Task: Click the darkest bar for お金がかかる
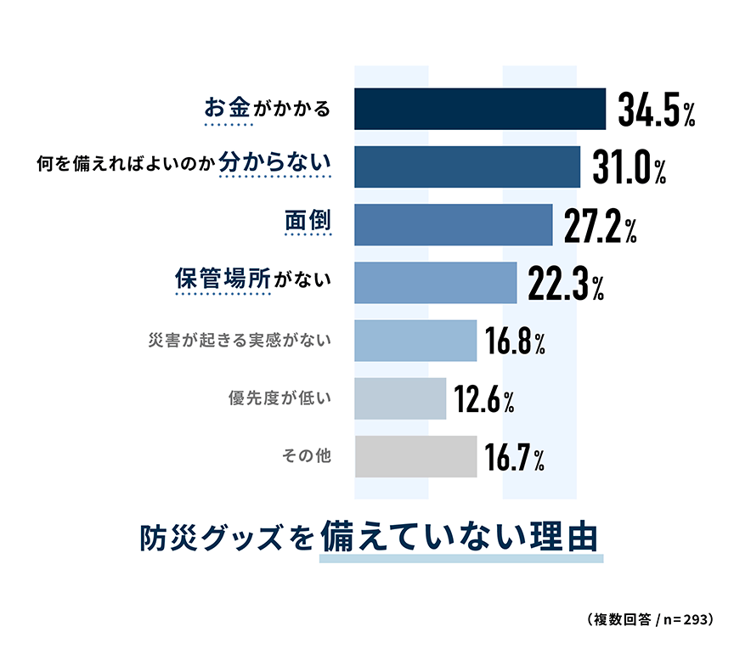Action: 479,109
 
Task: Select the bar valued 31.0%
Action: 466,166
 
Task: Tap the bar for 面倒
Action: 453,224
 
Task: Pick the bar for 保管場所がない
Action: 435,282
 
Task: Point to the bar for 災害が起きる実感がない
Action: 415,340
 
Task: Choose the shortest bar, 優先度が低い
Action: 399,398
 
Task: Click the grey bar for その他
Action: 415,456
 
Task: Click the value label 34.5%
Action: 657,110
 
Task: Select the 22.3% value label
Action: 566,285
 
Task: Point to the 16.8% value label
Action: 515,341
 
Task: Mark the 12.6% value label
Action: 484,400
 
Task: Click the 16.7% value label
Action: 515,459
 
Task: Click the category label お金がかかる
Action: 267,109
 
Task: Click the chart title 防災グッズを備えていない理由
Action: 369,539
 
